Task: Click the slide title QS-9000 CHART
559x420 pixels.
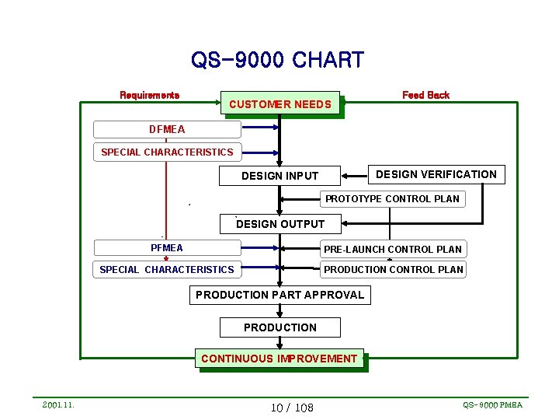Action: (x=277, y=60)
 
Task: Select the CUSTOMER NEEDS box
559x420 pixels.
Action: (x=280, y=104)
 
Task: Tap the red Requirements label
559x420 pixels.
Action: (x=149, y=95)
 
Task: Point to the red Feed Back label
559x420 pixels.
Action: (x=425, y=95)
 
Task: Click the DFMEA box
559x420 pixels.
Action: (x=167, y=129)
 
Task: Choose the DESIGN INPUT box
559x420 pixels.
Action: (x=279, y=176)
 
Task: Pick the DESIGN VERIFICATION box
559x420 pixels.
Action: (x=436, y=174)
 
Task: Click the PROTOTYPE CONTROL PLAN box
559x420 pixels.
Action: (x=392, y=199)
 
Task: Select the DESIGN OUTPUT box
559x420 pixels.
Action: (x=280, y=224)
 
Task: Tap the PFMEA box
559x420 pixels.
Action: (x=167, y=248)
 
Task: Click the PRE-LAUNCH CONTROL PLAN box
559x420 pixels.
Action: (x=393, y=249)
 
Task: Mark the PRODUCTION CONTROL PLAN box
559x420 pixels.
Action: (x=393, y=270)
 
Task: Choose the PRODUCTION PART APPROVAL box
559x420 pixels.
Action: (x=279, y=295)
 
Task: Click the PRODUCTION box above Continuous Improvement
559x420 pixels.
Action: (x=279, y=327)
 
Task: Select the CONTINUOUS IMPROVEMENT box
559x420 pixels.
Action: (x=279, y=359)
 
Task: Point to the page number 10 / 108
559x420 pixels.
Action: (x=292, y=408)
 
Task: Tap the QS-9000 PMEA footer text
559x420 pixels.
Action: (x=492, y=405)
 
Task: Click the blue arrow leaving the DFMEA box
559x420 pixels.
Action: (x=260, y=129)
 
